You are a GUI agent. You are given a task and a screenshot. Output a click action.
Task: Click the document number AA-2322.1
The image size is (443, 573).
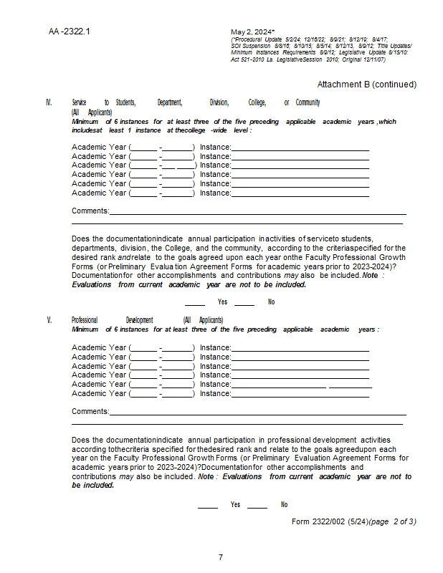point(70,32)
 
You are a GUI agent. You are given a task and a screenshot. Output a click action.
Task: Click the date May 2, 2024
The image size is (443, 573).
point(252,32)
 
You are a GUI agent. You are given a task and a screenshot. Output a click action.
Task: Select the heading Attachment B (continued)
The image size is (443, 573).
point(366,85)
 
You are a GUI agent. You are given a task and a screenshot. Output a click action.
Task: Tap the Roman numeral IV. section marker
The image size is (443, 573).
point(49,103)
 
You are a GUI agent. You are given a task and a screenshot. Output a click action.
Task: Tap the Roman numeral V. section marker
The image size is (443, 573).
point(49,320)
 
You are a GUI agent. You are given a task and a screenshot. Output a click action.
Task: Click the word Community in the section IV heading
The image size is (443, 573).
point(308,103)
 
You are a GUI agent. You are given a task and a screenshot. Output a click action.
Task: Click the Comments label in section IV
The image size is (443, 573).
point(90,211)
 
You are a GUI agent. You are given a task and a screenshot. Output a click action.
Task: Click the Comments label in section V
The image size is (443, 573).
point(90,412)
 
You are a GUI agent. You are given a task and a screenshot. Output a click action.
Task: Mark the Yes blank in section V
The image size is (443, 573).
point(208,506)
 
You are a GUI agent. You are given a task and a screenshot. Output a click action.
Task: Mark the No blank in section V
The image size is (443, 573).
point(257,506)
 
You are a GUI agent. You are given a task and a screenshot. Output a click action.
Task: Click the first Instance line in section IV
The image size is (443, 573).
point(300,148)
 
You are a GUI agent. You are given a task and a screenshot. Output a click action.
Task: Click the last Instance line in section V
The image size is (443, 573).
point(300,394)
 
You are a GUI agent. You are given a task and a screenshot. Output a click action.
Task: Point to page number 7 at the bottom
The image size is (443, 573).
point(221,557)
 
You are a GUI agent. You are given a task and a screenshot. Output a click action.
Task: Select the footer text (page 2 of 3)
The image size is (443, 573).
point(391,521)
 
